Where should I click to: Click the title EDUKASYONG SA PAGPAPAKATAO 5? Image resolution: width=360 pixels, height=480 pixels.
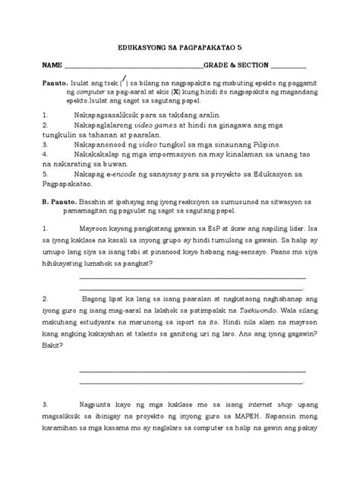179,46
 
